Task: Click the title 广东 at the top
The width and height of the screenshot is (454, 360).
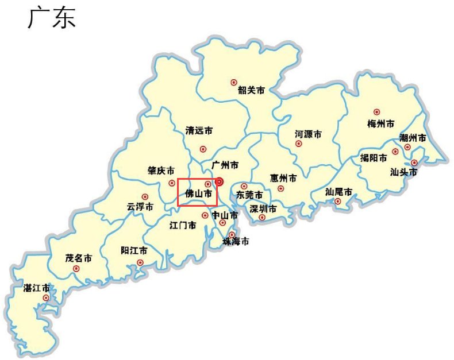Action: [x=52, y=18]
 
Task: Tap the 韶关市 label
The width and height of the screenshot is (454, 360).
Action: [x=251, y=90]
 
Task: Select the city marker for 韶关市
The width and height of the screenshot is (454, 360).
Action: [x=233, y=83]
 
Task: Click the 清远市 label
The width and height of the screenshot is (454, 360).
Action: [x=199, y=131]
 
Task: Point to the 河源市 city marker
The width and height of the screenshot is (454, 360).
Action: [x=298, y=144]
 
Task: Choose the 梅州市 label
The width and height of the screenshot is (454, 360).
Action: [x=380, y=123]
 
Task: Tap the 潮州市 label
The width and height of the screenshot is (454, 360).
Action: [x=413, y=138]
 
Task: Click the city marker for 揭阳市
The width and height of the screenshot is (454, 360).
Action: [x=395, y=152]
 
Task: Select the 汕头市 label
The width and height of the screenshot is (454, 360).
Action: [x=403, y=171]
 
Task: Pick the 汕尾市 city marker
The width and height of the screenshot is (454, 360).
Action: [x=337, y=201]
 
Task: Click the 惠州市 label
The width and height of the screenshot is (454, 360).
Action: [x=283, y=178]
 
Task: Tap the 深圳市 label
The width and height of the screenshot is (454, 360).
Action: [x=263, y=208]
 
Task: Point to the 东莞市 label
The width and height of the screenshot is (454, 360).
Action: [x=249, y=195]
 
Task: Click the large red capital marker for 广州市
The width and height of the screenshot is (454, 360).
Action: [x=218, y=182]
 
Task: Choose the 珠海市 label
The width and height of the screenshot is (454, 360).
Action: [x=236, y=242]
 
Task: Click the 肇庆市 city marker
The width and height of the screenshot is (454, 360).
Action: [x=172, y=183]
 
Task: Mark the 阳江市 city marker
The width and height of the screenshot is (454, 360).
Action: [x=140, y=263]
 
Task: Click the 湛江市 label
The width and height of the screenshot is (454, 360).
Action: [x=36, y=287]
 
